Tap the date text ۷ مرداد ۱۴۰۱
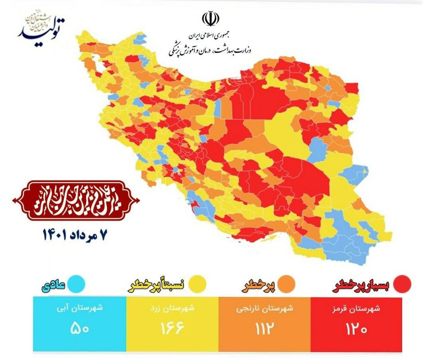pyautogui.click(x=74, y=235)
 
